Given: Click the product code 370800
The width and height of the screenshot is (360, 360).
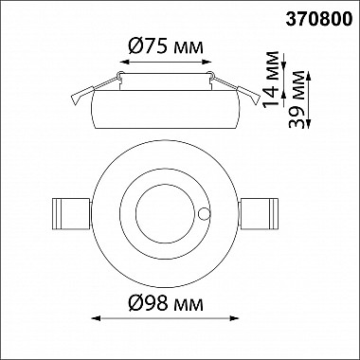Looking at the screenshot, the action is (x=319, y=20).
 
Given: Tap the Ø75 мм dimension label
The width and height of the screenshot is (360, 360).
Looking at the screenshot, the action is (x=166, y=47).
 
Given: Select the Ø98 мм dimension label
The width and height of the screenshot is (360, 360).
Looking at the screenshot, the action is (x=166, y=304).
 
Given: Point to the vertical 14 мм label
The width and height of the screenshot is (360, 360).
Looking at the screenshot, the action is (x=271, y=80).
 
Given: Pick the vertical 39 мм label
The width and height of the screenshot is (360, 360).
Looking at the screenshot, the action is (x=297, y=99).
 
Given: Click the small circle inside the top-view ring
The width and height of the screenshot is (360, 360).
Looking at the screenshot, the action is (x=204, y=214).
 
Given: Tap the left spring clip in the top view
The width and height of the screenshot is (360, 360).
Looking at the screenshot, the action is (x=71, y=214).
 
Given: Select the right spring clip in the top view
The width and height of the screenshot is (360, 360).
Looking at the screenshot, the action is (x=259, y=214).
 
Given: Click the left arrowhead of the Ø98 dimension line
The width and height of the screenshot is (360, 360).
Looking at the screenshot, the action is (x=96, y=318).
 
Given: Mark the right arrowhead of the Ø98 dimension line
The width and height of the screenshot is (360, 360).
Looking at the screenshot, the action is (x=234, y=318).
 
